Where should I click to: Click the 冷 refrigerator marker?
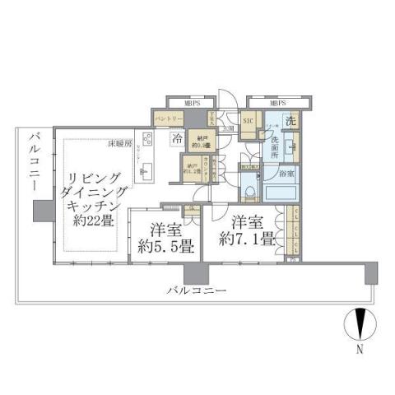click(177, 139)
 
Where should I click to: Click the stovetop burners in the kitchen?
click(147, 138)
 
